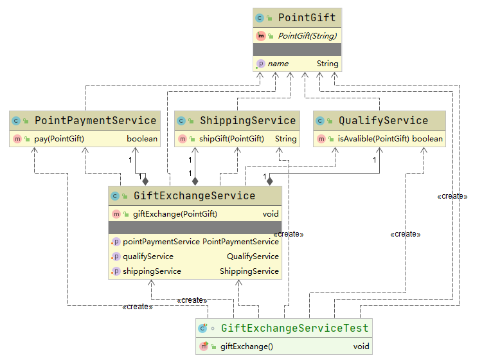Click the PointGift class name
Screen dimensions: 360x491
tap(307, 17)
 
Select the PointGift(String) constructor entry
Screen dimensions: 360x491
tap(307, 36)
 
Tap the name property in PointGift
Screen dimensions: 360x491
tap(278, 64)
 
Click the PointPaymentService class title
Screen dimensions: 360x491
tap(95, 120)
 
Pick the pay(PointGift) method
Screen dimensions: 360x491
tap(59, 139)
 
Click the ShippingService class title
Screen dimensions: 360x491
tap(247, 120)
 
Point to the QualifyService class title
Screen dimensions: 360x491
tap(383, 120)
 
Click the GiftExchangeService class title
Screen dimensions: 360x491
tap(193, 196)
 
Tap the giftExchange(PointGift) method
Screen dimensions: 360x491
tap(175, 214)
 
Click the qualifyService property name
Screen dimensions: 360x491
tap(148, 256)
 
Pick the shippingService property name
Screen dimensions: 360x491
tap(152, 271)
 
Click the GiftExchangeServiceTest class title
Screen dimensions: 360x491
tap(294, 328)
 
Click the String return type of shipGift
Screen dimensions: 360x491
tap(285, 139)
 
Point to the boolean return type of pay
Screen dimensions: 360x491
tap(142, 139)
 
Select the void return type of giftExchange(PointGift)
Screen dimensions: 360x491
tap(271, 214)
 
